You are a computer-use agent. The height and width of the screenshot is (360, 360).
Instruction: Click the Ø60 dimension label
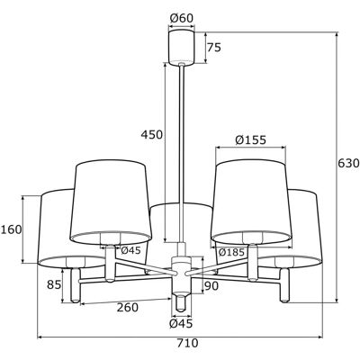point(182,18)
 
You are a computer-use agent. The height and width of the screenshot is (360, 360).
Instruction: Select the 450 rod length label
point(152,135)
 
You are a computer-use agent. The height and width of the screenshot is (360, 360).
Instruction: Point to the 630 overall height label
point(348,164)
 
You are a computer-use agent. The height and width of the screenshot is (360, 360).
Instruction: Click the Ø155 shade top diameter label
point(251,139)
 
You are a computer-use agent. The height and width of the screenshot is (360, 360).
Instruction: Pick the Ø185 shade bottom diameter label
point(231,252)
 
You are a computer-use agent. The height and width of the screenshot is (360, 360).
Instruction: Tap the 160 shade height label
point(12,229)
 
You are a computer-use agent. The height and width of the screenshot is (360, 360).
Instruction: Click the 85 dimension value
point(54,284)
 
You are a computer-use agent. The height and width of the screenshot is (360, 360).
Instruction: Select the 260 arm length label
point(128,307)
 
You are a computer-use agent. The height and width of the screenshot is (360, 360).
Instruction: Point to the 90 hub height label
point(211,286)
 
